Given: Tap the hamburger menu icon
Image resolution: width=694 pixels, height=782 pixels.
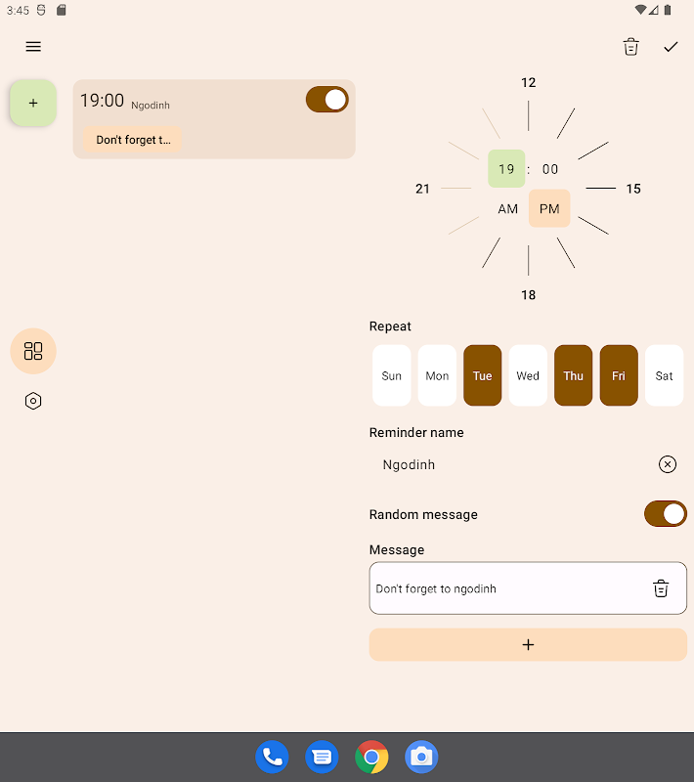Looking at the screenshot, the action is pyautogui.click(x=33, y=47).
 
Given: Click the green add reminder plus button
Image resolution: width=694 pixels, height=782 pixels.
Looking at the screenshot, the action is pyautogui.click(x=33, y=103).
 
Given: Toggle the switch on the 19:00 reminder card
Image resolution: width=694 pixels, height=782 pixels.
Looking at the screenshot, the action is pyautogui.click(x=327, y=100).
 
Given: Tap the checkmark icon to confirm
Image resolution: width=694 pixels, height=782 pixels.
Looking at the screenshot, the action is pyautogui.click(x=671, y=47).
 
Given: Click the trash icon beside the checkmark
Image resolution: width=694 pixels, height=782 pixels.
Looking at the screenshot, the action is pyautogui.click(x=630, y=47).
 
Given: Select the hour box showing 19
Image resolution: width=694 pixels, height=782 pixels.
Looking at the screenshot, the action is pyautogui.click(x=506, y=168).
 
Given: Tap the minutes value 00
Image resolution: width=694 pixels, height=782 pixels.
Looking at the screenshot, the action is pyautogui.click(x=550, y=169).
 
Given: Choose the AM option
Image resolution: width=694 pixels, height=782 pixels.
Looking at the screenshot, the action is pyautogui.click(x=507, y=208).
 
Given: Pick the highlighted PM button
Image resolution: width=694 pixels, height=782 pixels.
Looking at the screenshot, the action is pyautogui.click(x=549, y=208).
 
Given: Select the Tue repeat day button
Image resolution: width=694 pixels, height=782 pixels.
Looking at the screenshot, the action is pyautogui.click(x=482, y=375).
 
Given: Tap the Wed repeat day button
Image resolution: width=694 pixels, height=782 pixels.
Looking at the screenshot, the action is pyautogui.click(x=528, y=375).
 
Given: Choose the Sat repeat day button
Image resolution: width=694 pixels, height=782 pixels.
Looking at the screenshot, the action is pyautogui.click(x=664, y=375).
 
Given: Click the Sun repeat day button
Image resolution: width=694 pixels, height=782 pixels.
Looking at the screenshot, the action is pyautogui.click(x=391, y=375).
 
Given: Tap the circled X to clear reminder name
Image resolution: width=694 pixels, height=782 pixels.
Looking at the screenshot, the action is pyautogui.click(x=667, y=464).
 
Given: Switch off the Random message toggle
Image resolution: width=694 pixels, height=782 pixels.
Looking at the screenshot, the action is pyautogui.click(x=665, y=514).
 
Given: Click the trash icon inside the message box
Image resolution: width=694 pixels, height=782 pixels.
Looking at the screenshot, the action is pyautogui.click(x=661, y=588).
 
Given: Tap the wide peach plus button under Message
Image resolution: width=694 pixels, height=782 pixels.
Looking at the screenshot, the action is pyautogui.click(x=528, y=644).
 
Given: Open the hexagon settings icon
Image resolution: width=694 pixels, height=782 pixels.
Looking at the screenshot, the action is pyautogui.click(x=33, y=401).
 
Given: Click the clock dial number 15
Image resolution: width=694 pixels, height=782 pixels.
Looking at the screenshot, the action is pyautogui.click(x=633, y=189).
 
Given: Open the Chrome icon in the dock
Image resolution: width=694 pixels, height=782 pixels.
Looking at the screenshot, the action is pyautogui.click(x=371, y=757).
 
